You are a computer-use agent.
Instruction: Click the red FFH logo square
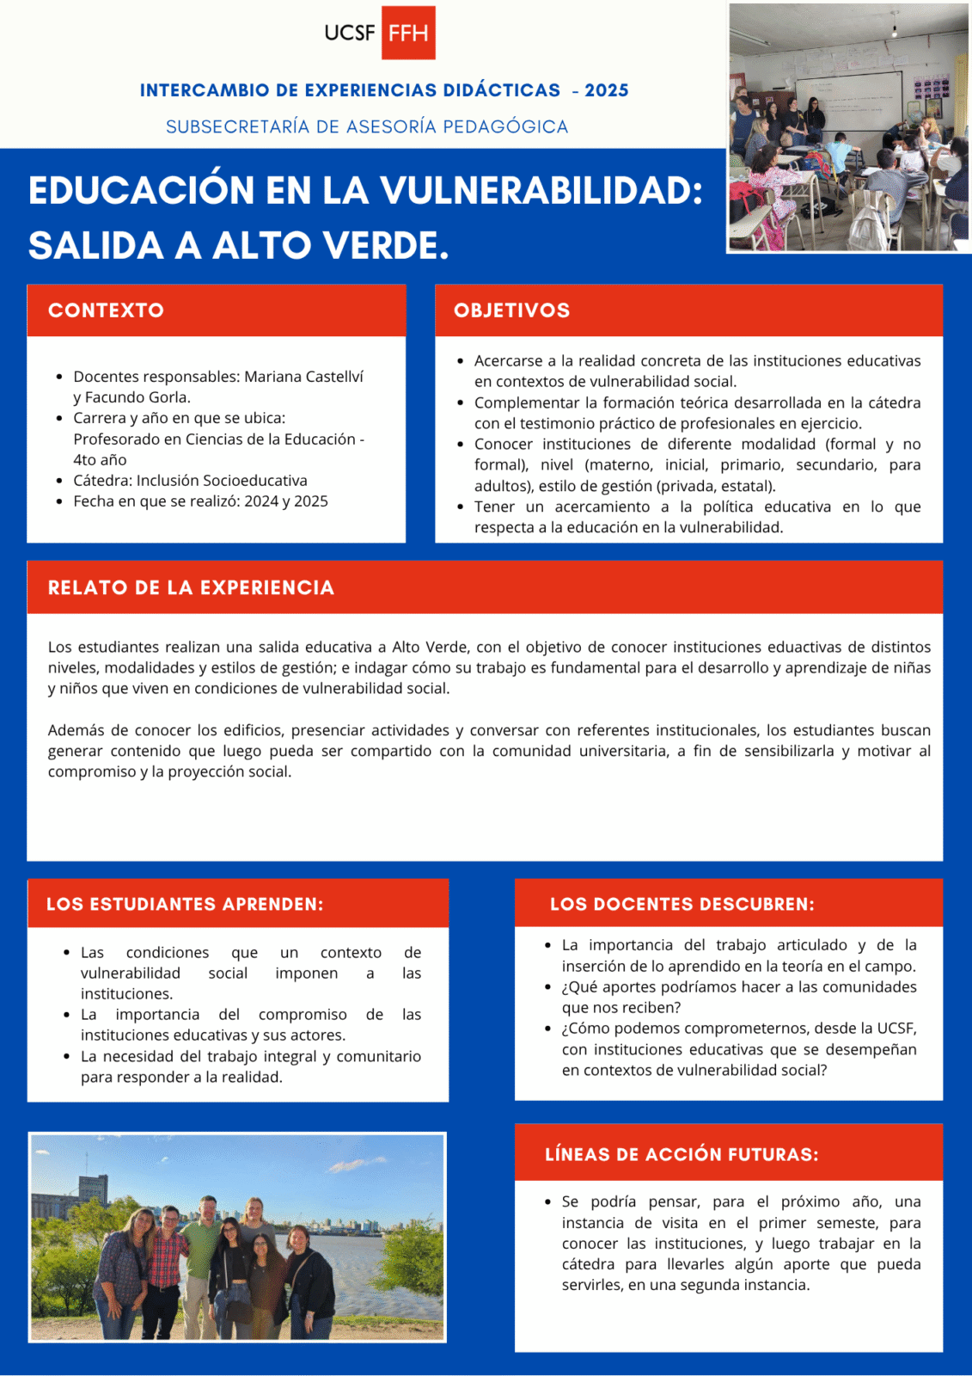tap(408, 33)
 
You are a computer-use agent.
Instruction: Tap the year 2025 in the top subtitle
tap(607, 90)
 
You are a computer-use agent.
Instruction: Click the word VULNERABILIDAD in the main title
tap(541, 190)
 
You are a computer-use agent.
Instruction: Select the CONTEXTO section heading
tap(106, 310)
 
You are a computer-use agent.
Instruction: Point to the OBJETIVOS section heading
tap(511, 310)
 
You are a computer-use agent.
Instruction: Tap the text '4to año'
tap(100, 460)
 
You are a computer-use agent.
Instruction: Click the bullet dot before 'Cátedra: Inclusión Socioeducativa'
tap(58, 482)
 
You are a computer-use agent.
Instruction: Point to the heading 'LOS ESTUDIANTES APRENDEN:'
tap(185, 904)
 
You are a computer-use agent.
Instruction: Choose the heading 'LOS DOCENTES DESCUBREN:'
tap(682, 904)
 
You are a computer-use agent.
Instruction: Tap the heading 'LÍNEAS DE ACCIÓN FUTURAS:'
tap(682, 1154)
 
